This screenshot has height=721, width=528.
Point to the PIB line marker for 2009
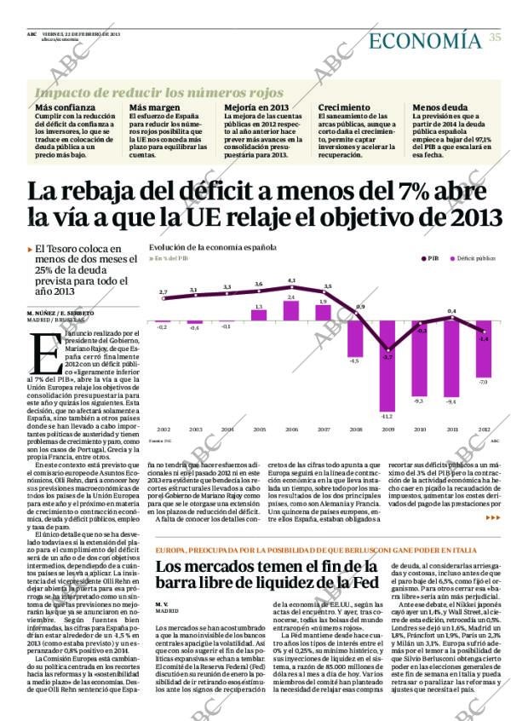387,349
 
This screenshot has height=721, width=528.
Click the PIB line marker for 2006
291,288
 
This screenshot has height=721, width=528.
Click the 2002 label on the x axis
164,430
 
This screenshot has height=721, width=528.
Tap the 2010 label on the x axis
419,430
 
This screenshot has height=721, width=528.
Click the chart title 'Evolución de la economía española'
212,246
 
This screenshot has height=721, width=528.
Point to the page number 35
495,37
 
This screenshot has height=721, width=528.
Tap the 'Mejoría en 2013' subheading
256,108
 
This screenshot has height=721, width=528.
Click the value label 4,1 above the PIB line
291,280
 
